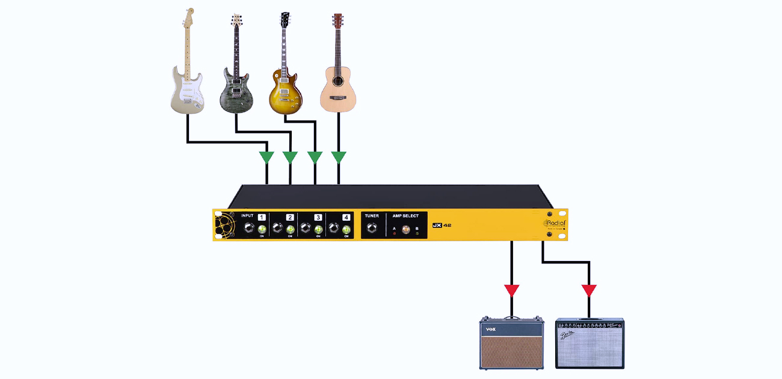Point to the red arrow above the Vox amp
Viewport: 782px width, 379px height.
pos(512,291)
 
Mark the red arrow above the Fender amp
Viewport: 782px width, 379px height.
pos(590,291)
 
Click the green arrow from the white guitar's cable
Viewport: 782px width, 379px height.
pos(266,158)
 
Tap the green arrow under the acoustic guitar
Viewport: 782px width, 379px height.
pos(339,158)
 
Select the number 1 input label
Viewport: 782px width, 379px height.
pos(262,217)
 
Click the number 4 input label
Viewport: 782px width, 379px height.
pos(346,217)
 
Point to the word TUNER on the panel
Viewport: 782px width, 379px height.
pos(372,215)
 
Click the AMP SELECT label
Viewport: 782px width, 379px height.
pos(405,215)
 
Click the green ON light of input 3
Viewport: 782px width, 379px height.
pos(318,229)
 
